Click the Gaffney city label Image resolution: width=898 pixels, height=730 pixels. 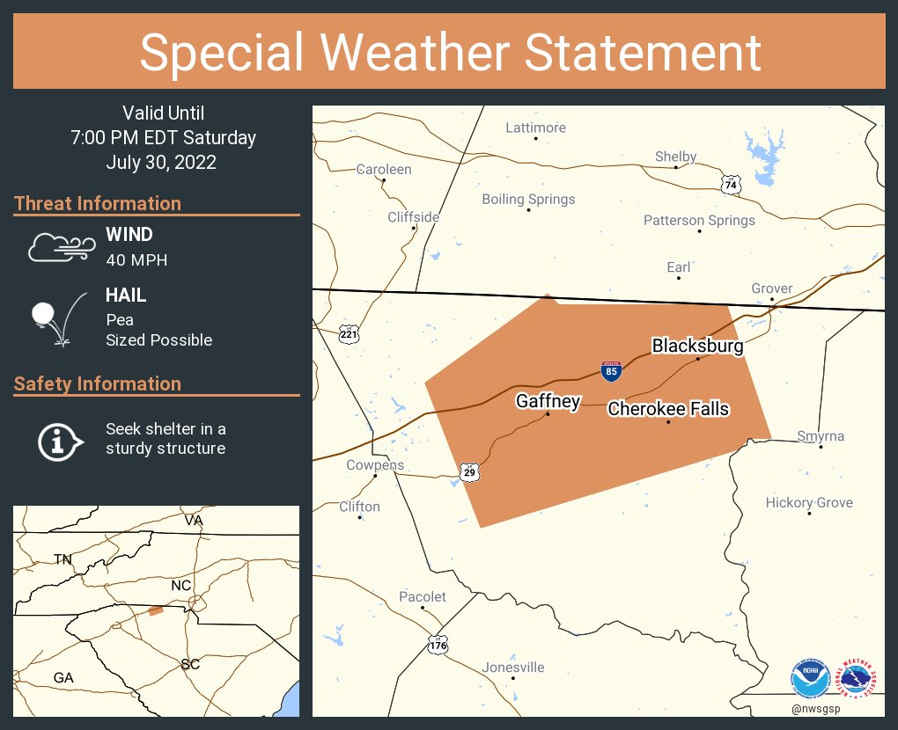tap(548, 402)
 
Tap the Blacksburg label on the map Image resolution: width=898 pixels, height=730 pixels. tap(697, 346)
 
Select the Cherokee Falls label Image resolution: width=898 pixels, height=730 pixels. tap(668, 409)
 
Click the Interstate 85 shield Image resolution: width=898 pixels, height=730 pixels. tap(611, 370)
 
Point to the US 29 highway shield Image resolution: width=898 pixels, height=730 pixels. tap(470, 473)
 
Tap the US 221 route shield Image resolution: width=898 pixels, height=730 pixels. tap(349, 333)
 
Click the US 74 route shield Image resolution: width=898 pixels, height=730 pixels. tap(731, 185)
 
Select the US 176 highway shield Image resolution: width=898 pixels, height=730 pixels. tap(438, 645)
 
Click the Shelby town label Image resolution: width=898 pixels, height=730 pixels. tap(675, 157)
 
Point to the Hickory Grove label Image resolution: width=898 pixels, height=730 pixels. tap(809, 503)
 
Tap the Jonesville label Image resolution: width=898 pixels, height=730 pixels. tap(513, 668)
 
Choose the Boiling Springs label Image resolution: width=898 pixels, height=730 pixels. tap(528, 200)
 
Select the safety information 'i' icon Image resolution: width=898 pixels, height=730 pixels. tap(59, 440)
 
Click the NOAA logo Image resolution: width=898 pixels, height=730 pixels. tap(811, 678)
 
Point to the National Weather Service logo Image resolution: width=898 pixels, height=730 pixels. tap(858, 678)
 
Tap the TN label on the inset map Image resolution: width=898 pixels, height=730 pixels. tap(63, 559)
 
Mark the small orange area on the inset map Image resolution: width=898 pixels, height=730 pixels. tap(155, 610)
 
